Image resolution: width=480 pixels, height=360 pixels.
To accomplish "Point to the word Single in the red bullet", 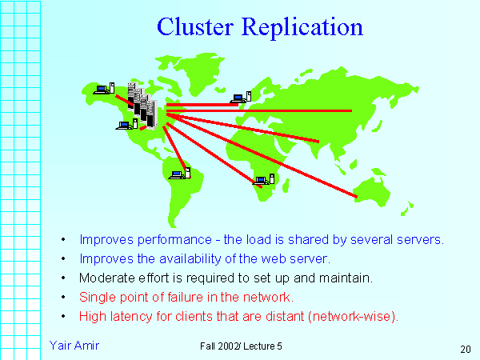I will tap(97, 297).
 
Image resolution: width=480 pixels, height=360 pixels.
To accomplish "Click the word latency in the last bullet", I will tap(125, 316).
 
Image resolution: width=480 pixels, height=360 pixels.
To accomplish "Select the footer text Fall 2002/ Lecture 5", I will tap(242, 344).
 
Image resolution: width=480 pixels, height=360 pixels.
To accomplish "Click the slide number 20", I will tap(465, 349).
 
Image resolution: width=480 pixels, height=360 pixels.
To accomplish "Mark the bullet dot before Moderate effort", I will tap(63, 278).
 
